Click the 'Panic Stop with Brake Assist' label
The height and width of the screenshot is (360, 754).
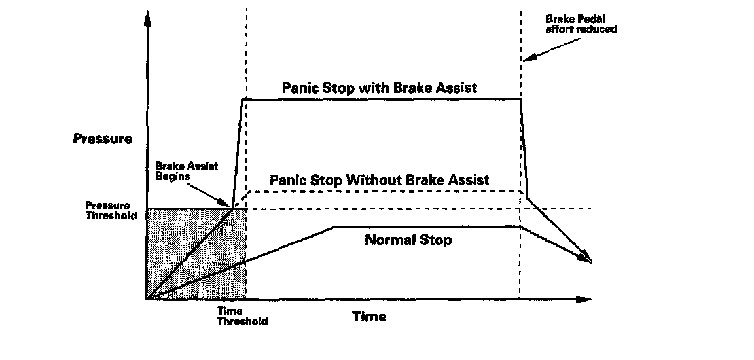[x=380, y=88]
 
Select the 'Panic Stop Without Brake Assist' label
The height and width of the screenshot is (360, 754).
[x=379, y=180]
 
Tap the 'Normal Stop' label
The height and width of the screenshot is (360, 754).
[x=408, y=240]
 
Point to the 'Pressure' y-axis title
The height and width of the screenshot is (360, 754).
[x=102, y=138]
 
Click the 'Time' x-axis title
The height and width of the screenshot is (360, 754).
[x=369, y=317]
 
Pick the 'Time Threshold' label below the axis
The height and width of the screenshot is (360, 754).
[x=242, y=316]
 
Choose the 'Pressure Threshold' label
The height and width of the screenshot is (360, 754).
[x=111, y=211]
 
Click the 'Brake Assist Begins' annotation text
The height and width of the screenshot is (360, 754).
[x=187, y=171]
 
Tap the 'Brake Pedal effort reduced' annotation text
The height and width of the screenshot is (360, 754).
[x=581, y=24]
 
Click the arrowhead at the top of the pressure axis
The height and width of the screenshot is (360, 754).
[x=148, y=18]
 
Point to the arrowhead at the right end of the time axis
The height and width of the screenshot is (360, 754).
[x=583, y=299]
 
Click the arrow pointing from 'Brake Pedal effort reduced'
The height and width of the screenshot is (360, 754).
[x=552, y=49]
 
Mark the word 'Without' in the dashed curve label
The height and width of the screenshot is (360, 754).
[x=374, y=180]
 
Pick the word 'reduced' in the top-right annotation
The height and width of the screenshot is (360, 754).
[x=598, y=29]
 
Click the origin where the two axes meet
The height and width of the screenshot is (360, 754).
[x=148, y=299]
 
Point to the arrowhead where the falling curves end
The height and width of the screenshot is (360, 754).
[x=586, y=259]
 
